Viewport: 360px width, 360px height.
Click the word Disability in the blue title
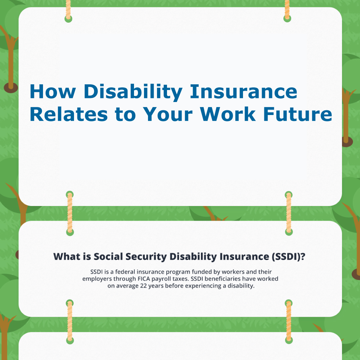click(x=133, y=92)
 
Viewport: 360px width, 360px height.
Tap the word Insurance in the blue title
click(x=244, y=92)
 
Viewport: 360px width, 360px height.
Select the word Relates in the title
click(x=69, y=114)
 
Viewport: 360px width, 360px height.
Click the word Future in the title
click(x=298, y=114)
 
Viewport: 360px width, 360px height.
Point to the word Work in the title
click(x=228, y=114)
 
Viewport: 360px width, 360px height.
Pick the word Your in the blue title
click(x=168, y=114)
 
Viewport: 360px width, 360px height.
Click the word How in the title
click(x=53, y=92)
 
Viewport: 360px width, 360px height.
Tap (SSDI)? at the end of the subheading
click(x=288, y=257)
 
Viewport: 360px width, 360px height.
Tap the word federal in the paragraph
click(x=124, y=272)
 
